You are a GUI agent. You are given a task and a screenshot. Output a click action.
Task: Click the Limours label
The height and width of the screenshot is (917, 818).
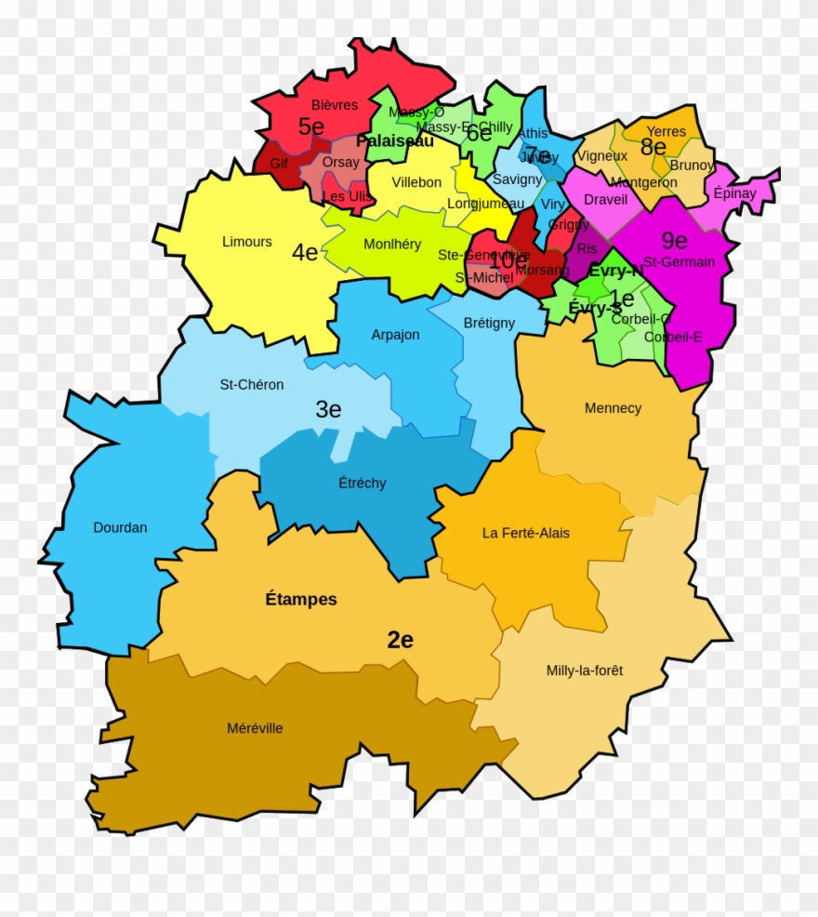(x=247, y=242)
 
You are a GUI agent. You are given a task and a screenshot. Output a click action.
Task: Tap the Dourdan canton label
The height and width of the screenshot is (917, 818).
(x=120, y=527)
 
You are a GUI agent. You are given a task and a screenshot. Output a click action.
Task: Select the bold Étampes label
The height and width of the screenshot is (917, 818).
(x=301, y=600)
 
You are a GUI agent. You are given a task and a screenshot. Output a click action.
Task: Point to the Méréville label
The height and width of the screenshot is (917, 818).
(x=255, y=728)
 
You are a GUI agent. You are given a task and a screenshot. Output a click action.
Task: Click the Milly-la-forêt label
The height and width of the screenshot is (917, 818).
(x=585, y=671)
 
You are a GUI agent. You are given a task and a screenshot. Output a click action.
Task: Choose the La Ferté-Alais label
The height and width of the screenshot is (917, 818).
(x=526, y=533)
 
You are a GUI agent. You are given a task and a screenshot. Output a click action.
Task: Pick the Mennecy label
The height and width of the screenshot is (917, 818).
(x=613, y=408)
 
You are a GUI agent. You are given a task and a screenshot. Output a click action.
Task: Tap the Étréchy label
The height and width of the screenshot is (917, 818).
(x=363, y=484)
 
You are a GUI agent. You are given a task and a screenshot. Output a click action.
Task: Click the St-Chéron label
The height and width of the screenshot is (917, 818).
(x=252, y=384)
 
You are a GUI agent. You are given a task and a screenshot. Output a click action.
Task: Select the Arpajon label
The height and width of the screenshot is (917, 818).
(x=396, y=335)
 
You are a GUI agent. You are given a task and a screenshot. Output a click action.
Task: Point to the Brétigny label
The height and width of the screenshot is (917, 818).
(x=489, y=324)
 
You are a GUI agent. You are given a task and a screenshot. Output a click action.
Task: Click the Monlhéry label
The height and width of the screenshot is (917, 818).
(x=392, y=245)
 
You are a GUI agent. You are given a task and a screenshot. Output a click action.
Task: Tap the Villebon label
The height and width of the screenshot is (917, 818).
(x=416, y=182)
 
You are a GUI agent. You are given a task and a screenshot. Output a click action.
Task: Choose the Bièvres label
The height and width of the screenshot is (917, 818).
(x=335, y=105)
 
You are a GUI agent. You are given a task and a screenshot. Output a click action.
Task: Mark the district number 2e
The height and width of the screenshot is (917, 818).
(x=401, y=640)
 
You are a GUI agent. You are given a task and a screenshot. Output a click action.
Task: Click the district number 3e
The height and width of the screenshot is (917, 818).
(x=328, y=409)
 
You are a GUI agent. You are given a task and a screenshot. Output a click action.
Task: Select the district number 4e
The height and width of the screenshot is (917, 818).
(x=305, y=252)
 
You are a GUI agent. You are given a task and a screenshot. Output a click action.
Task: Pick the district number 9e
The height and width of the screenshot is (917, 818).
(x=674, y=241)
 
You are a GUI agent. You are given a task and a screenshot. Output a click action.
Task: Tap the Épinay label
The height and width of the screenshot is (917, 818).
(x=735, y=193)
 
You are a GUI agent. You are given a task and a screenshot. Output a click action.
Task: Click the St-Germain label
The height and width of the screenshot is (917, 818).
(x=679, y=262)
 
